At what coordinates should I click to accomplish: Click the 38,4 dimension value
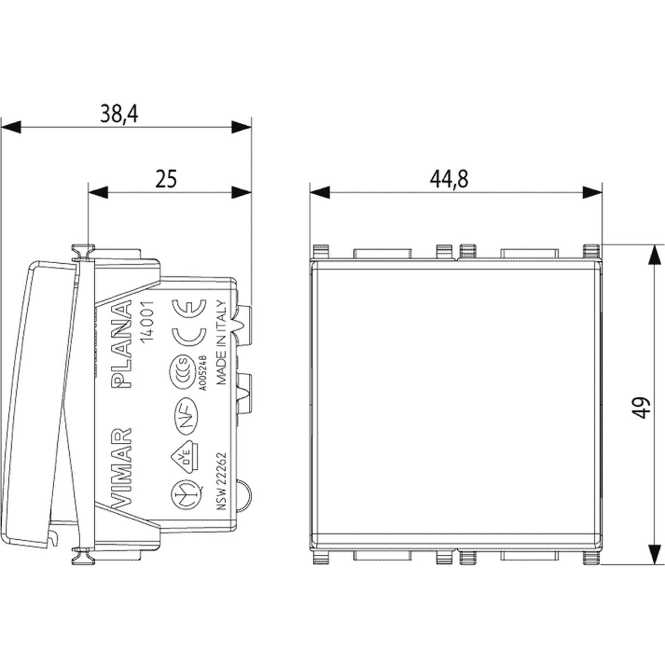pos(119,114)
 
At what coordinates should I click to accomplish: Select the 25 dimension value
pos(166,178)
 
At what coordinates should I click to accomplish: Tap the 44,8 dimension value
pos(449,179)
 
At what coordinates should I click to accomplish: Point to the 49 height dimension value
pos(642,407)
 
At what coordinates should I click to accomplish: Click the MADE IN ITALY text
pos(222,343)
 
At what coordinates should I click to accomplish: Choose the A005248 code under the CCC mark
pos(203,374)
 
